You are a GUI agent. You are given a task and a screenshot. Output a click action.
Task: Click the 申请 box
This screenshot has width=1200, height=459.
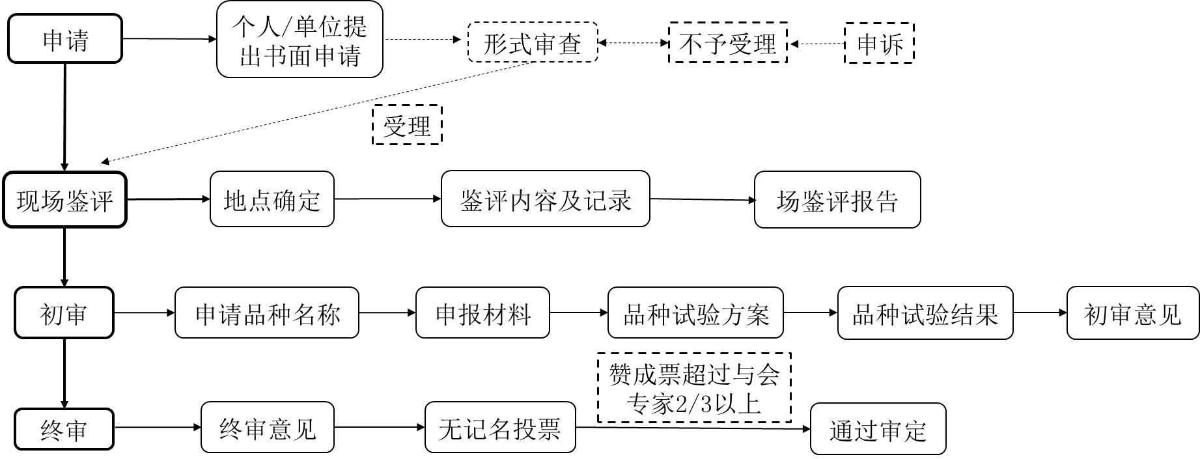pyautogui.click(x=65, y=39)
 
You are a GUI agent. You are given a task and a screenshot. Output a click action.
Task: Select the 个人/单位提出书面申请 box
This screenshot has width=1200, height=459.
pyautogui.click(x=300, y=40)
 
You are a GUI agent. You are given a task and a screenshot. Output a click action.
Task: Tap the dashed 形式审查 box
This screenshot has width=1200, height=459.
pyautogui.click(x=533, y=43)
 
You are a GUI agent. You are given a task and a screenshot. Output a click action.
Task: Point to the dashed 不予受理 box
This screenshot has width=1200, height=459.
pyautogui.click(x=728, y=43)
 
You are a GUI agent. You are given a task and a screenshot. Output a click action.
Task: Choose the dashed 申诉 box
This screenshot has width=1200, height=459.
pyautogui.click(x=879, y=43)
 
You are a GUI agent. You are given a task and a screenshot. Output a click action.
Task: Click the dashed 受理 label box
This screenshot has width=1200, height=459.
pyautogui.click(x=407, y=124)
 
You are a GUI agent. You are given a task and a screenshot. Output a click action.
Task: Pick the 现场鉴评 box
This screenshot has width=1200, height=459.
pyautogui.click(x=65, y=200)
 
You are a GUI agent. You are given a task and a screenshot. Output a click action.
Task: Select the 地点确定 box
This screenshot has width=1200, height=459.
pyautogui.click(x=272, y=199)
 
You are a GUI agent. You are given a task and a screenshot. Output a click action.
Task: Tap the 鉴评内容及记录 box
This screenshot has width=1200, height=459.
pyautogui.click(x=546, y=199)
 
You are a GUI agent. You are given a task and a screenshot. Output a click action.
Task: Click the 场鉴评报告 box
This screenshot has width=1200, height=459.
pyautogui.click(x=837, y=200)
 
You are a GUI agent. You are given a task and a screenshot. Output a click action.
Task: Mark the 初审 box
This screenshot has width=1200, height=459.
pyautogui.click(x=64, y=313)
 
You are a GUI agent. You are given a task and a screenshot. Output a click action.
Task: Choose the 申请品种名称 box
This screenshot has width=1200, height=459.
pyautogui.click(x=267, y=313)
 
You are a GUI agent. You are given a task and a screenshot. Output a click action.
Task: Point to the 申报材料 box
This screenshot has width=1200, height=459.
pyautogui.click(x=483, y=313)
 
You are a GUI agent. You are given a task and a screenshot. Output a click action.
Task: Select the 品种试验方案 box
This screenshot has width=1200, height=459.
pyautogui.click(x=695, y=313)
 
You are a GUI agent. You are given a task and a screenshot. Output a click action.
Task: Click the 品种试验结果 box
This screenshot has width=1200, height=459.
pyautogui.click(x=925, y=313)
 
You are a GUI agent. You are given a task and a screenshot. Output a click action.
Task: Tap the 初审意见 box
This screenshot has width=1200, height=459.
pyautogui.click(x=1133, y=313)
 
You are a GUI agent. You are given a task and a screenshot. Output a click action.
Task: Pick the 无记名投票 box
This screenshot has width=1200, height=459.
pyautogui.click(x=500, y=428)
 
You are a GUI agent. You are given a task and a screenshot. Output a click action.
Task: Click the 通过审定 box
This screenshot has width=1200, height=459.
pyautogui.click(x=878, y=429)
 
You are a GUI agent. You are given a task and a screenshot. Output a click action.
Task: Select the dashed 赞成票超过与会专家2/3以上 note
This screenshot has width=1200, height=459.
pyautogui.click(x=694, y=388)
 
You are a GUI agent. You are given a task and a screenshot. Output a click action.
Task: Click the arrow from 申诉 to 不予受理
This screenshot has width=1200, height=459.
pyautogui.click(x=816, y=44)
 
